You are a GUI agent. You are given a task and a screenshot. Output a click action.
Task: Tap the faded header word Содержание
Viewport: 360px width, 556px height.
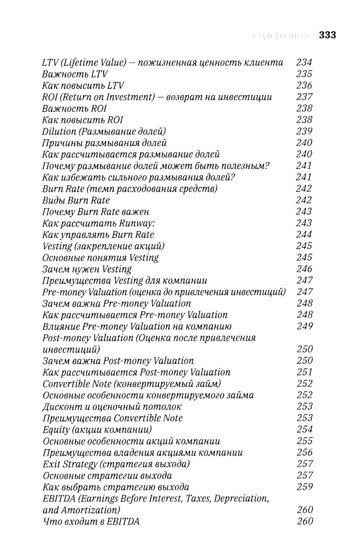coord(282,35)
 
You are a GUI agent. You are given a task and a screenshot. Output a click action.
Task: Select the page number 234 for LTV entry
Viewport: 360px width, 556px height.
coord(304,62)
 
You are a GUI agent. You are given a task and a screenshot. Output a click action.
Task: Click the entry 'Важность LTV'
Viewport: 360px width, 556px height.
coord(75,74)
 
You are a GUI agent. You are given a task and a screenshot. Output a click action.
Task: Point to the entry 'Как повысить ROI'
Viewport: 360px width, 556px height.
coord(82,120)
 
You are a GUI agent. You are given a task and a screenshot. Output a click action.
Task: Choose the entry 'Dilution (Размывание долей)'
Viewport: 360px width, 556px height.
coord(104,131)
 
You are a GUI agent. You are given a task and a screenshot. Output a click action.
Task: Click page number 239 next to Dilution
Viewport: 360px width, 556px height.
coord(304,131)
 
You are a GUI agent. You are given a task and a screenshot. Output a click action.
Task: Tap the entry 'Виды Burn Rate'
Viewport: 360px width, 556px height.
coord(76,200)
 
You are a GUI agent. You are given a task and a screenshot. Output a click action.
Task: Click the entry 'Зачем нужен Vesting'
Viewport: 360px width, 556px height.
coord(87,269)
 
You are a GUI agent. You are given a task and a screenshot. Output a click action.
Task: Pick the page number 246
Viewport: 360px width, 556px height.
coord(304,269)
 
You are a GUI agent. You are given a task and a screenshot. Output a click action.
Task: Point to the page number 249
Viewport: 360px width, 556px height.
coord(305,326)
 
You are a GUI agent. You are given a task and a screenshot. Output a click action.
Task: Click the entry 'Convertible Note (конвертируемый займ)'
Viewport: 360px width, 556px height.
coord(131,384)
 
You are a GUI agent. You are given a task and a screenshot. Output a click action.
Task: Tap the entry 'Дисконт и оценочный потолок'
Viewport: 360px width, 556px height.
coord(112,407)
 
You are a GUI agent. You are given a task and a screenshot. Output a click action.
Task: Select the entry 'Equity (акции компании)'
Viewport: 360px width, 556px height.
coord(97,430)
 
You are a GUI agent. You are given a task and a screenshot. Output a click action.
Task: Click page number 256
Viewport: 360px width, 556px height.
coord(305,452)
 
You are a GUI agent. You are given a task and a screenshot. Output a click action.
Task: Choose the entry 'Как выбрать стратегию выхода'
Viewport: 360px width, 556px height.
coord(116,487)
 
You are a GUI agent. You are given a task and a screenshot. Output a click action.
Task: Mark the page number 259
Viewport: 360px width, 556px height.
coord(305,487)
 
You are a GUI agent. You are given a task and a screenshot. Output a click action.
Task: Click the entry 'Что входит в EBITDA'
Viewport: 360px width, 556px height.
coord(91,521)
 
